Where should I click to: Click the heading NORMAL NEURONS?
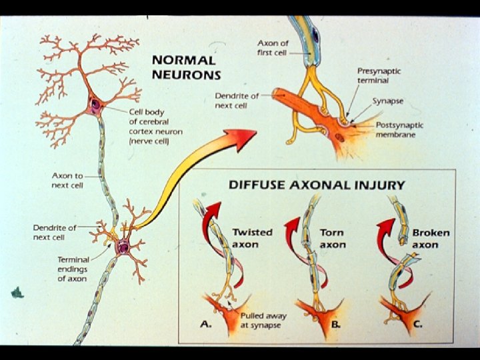[186, 67]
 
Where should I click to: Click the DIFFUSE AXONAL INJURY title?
[317, 185]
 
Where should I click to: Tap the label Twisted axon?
[252, 238]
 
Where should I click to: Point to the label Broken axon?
[430, 239]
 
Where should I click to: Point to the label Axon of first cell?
[274, 47]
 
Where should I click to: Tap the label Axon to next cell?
[67, 180]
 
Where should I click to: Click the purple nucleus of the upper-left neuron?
[95, 104]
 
